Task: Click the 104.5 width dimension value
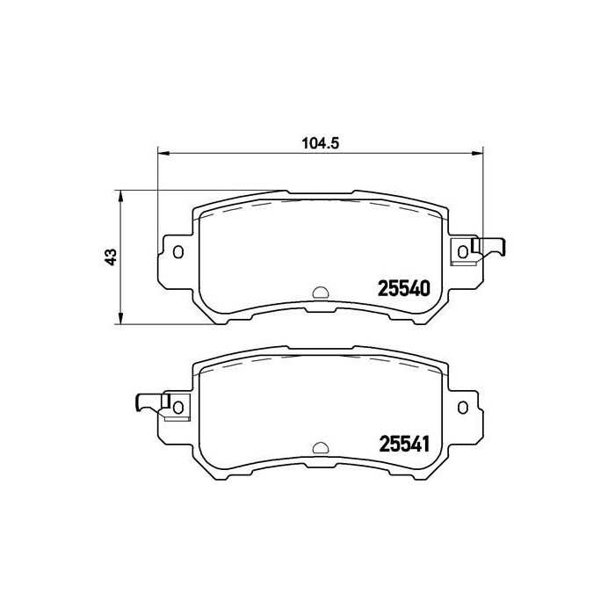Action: pyautogui.click(x=321, y=143)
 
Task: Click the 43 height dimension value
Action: pyautogui.click(x=110, y=257)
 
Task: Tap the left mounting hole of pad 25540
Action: pyautogui.click(x=179, y=253)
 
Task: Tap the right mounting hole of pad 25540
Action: pyautogui.click(x=463, y=253)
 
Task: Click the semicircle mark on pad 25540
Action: pyautogui.click(x=321, y=293)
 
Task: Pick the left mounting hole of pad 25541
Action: pyautogui.click(x=179, y=407)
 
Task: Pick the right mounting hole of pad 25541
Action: pyautogui.click(x=463, y=407)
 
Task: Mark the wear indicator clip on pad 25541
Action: pyautogui.click(x=149, y=402)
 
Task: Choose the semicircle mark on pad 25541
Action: pyautogui.click(x=321, y=446)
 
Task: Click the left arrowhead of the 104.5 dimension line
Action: pyautogui.click(x=162, y=153)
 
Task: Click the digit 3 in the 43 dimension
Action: pyautogui.click(x=110, y=251)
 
